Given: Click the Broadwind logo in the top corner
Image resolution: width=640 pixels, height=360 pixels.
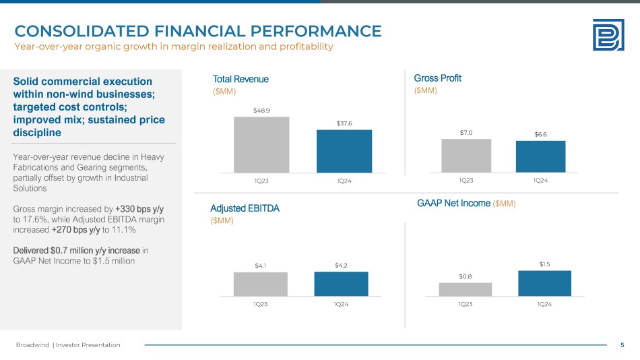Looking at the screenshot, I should tap(608, 34).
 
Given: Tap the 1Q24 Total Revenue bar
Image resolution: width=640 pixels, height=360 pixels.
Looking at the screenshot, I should tap(344, 151).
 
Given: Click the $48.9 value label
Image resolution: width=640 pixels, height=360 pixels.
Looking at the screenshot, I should tap(261, 109).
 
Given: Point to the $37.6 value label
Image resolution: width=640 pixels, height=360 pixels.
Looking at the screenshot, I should tap(344, 122).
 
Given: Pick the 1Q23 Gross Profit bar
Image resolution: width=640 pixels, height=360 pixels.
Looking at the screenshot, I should tap(466, 156).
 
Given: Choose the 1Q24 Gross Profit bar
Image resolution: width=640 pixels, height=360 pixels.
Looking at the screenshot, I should tap(540, 156).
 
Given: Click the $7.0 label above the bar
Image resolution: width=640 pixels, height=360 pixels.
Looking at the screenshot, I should tap(466, 132).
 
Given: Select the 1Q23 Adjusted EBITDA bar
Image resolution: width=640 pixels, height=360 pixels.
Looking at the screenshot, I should tap(261, 284).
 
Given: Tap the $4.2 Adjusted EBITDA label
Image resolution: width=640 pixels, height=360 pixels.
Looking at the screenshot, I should tap(342, 265).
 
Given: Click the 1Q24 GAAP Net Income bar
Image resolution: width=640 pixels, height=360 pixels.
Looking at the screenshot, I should tap(544, 283).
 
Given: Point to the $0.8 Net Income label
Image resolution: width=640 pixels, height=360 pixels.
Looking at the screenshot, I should tap(466, 276).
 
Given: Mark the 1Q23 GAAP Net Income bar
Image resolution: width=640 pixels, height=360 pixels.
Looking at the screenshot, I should tap(466, 289).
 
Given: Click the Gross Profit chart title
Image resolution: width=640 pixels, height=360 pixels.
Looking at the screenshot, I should tap(437, 78).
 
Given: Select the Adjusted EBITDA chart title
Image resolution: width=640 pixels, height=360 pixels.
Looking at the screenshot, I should tap(245, 208).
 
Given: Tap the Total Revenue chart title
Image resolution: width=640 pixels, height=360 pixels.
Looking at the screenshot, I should tap(241, 79).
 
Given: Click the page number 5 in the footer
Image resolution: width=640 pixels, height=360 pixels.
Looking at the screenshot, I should tap(622, 345).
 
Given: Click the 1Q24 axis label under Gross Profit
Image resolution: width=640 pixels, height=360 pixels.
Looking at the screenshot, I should tap(540, 180).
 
